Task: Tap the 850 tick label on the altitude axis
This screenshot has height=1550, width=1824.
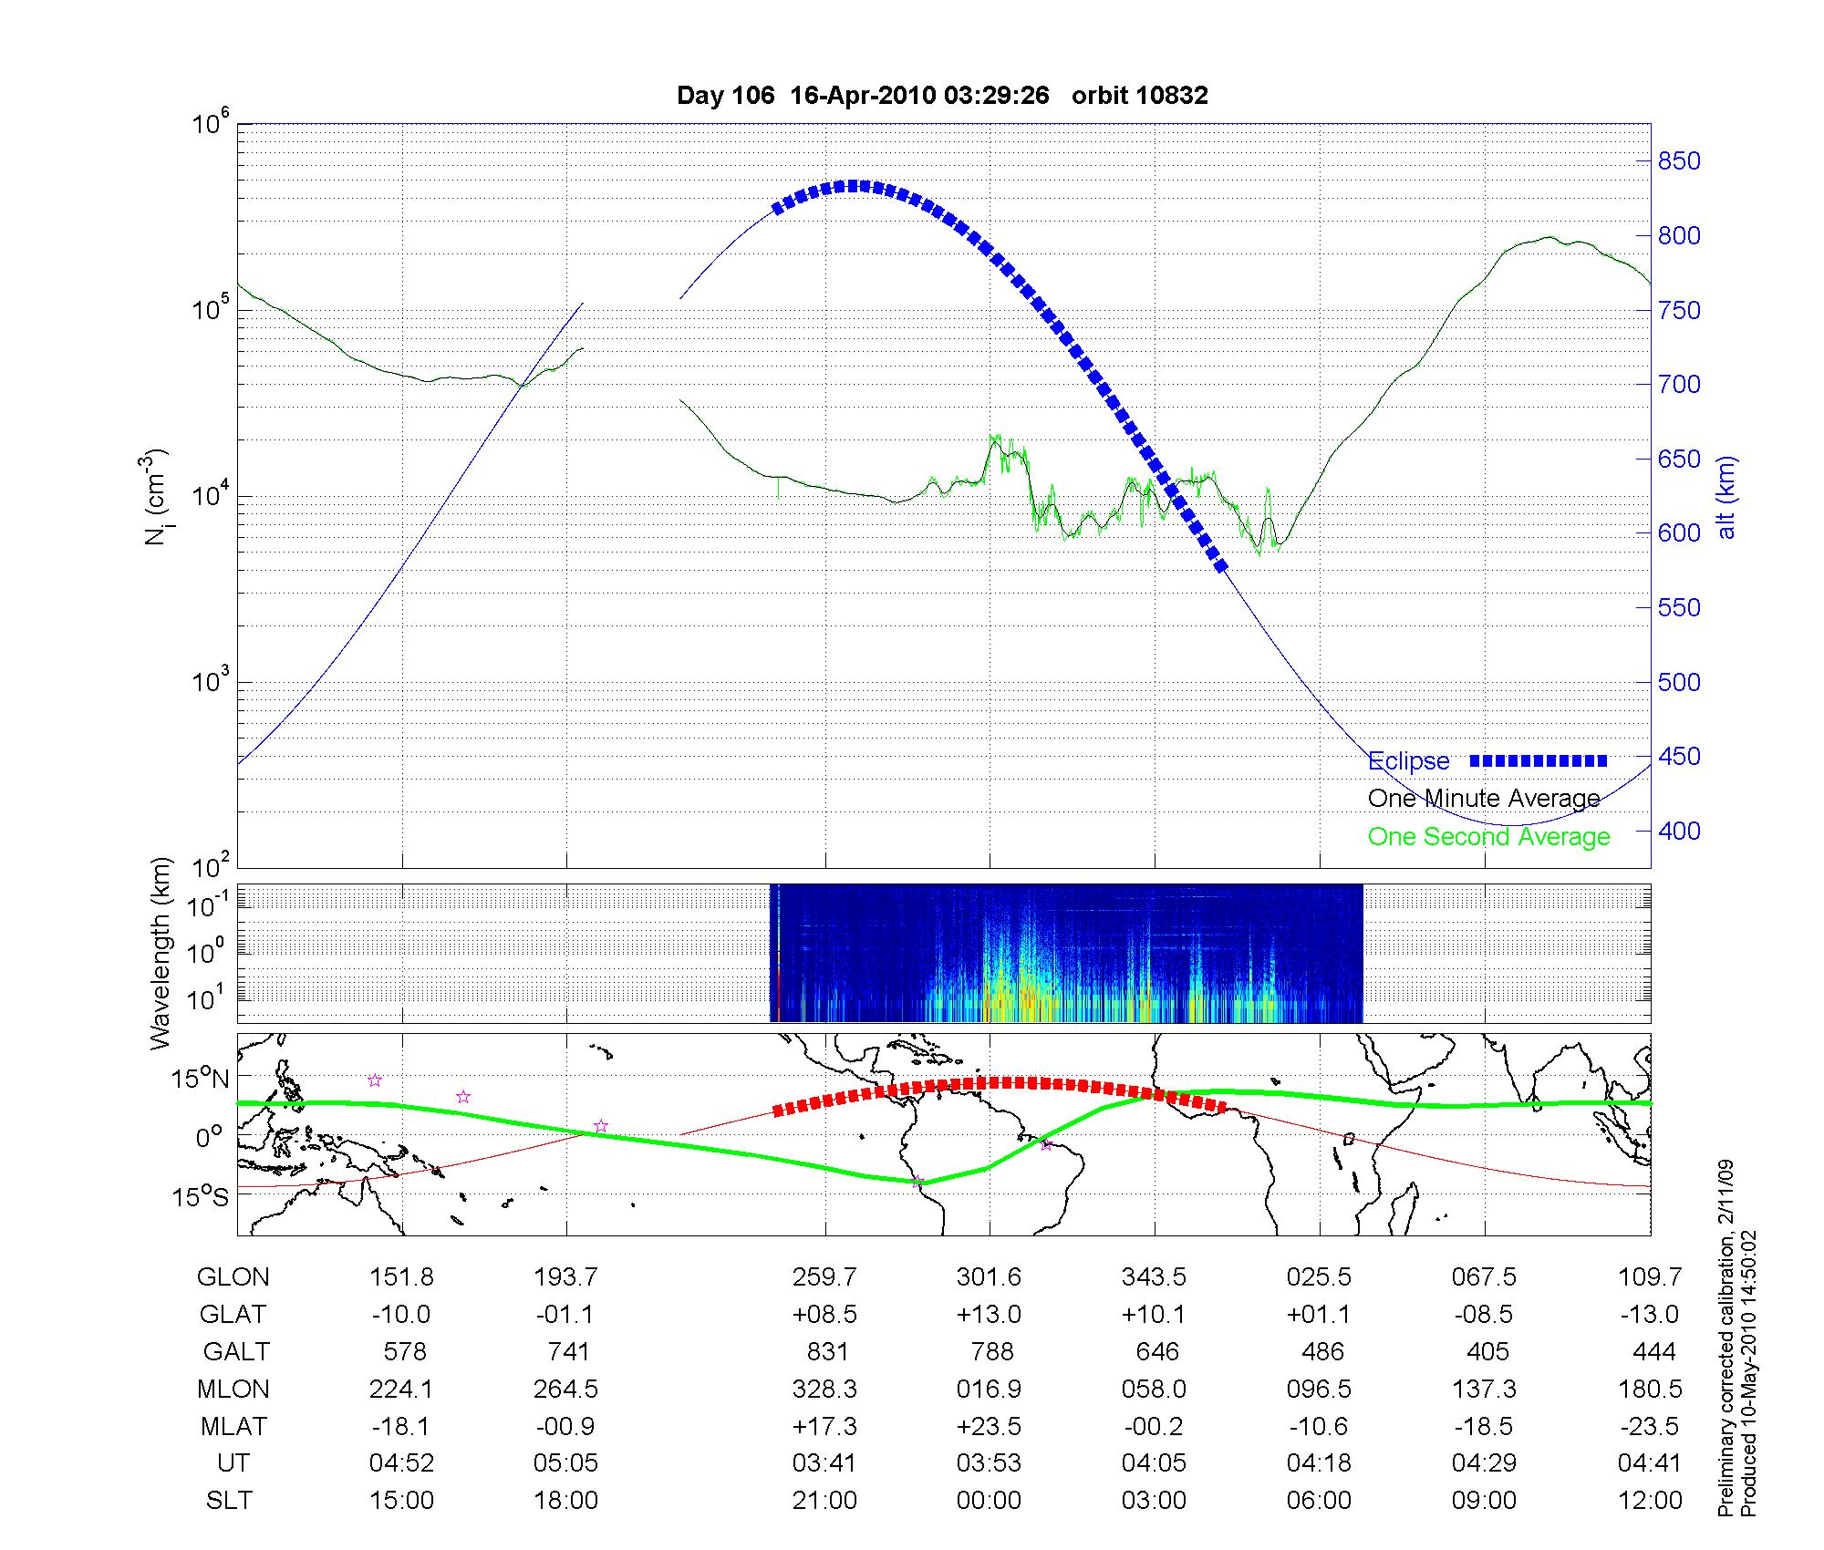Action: coord(1678,161)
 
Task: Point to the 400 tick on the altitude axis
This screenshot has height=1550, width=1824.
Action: coord(1678,831)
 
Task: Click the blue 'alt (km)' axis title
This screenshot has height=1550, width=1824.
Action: coord(1726,497)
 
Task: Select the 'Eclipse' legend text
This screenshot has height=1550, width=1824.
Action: coord(1408,761)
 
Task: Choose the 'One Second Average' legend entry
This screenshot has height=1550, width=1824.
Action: coord(1488,837)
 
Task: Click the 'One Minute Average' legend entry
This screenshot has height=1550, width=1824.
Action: coord(1484,799)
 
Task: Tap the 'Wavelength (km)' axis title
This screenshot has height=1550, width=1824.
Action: coord(161,953)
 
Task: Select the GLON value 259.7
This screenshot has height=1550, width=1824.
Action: coord(824,1277)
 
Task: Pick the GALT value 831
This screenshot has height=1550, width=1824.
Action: coord(827,1352)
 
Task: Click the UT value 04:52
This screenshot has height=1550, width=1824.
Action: coord(401,1463)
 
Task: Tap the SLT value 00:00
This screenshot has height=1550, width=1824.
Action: coord(989,1501)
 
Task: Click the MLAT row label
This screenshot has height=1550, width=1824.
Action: coord(233,1426)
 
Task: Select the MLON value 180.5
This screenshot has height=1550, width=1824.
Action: coord(1649,1389)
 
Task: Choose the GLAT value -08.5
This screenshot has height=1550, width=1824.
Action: coord(1484,1315)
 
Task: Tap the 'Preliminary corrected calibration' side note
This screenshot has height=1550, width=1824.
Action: coord(1726,1340)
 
